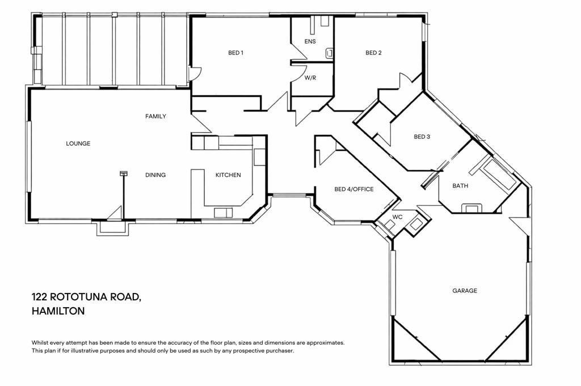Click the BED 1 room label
click(235, 53)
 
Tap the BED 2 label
click(373, 53)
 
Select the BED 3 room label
click(422, 137)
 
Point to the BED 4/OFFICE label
click(354, 189)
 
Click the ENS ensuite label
click(310, 41)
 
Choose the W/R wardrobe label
click(310, 78)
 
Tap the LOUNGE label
click(78, 143)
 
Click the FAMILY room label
click(155, 117)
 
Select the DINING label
click(155, 175)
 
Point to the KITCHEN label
click(228, 175)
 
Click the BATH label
click(460, 186)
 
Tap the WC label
click(397, 217)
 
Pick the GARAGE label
click(465, 291)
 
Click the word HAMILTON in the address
click(58, 311)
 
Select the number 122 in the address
click(39, 297)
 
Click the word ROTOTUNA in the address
click(77, 297)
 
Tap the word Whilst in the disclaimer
click(40, 343)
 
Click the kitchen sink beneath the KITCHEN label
click(224, 213)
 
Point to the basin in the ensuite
click(329, 54)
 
